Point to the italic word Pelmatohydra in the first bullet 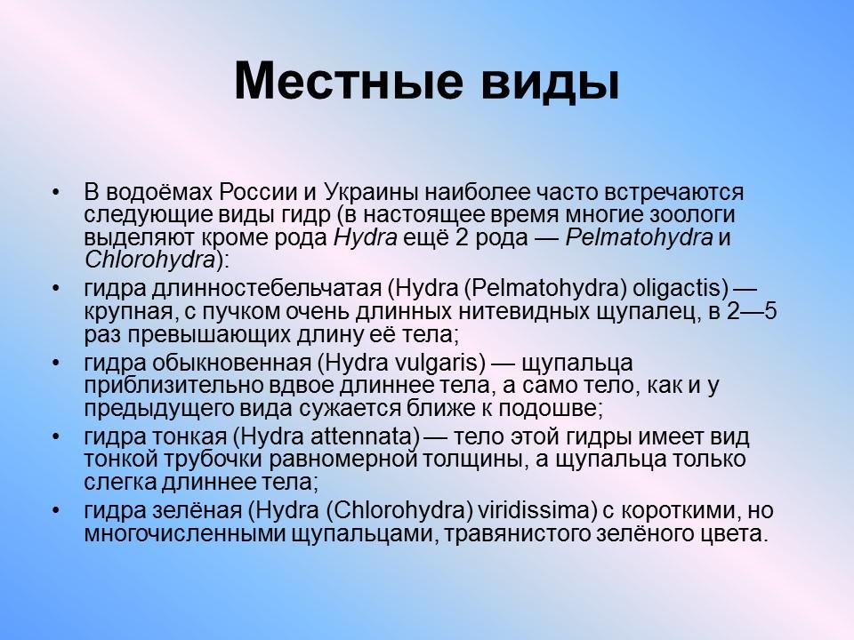[640, 236]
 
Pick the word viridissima [549, 513]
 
